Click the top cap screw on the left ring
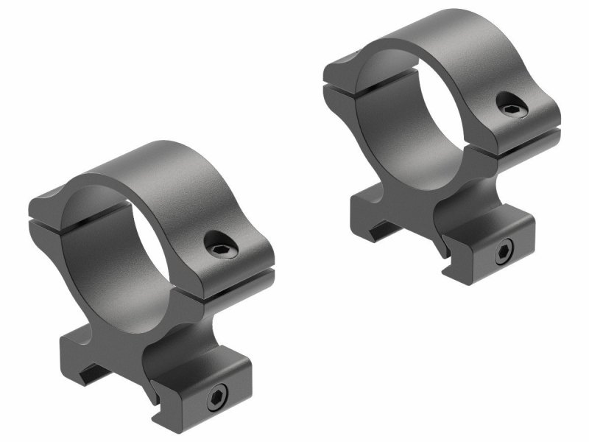coord(218,242)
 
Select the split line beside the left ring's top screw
coord(236,278)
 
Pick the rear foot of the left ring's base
coord(74,354)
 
